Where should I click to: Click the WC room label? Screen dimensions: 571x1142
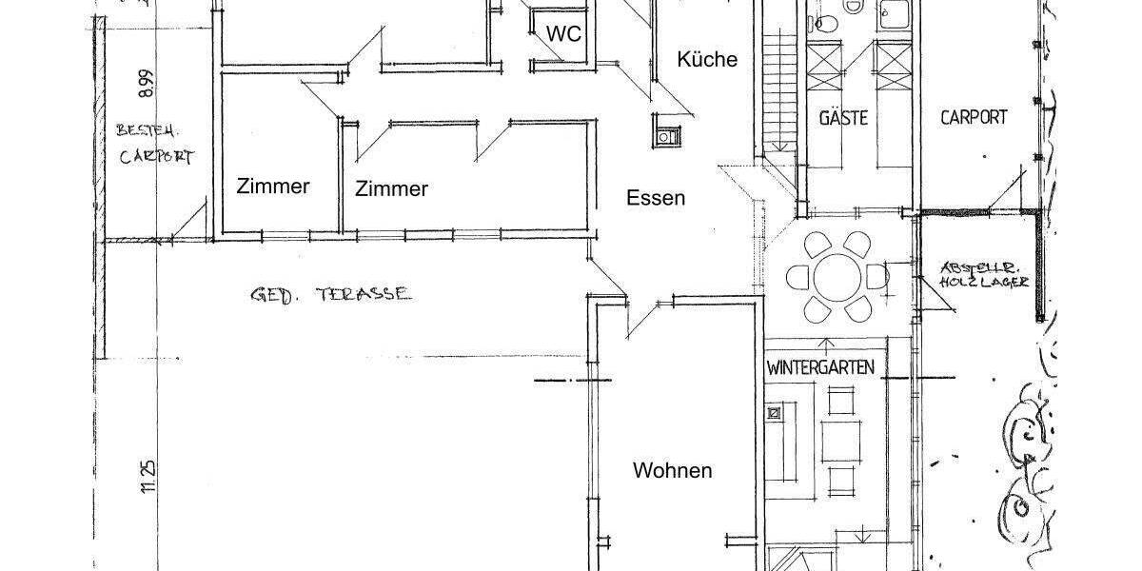563,33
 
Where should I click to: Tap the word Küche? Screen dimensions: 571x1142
707,59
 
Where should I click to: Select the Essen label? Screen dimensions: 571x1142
656,198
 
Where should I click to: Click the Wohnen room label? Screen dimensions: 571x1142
673,470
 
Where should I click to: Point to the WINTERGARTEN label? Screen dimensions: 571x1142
820,367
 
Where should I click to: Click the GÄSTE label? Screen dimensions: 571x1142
843,118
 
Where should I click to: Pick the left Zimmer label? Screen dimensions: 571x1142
273,187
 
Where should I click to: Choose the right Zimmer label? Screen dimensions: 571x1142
391,188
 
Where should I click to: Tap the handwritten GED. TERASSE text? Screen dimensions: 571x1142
331,294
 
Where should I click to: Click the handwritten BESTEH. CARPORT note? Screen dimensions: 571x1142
155,144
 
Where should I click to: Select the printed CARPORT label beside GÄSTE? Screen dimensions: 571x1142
974,117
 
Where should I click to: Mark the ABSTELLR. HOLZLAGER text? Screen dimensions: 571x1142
983,274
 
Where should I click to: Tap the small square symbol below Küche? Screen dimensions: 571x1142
664,135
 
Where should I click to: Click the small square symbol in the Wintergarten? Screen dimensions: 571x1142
775,413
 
